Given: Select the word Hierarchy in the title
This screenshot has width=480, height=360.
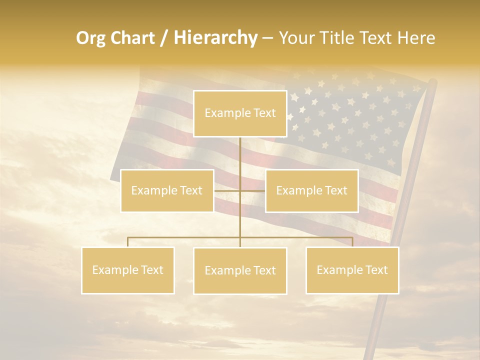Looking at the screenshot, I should click(215, 38).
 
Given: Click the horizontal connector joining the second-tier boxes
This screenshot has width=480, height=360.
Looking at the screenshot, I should click(227, 190).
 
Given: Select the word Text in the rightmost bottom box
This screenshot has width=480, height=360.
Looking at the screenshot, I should click(376, 270).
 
